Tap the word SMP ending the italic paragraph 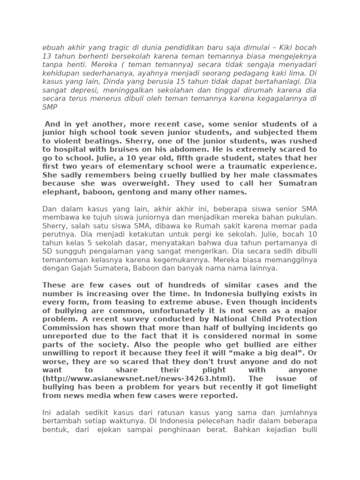(50, 107)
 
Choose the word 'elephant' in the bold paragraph (59, 192)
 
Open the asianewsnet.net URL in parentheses (137, 379)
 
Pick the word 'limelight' (296, 387)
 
